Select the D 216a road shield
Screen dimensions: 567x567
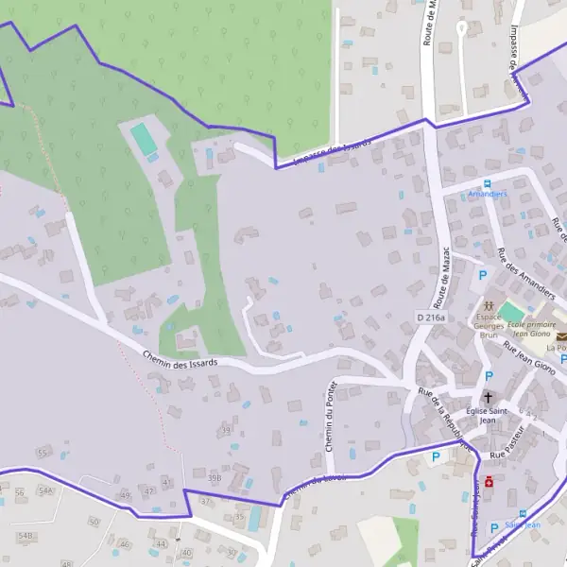click(x=429, y=318)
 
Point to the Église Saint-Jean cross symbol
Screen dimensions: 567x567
click(x=489, y=398)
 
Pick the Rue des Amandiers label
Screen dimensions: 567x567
click(x=525, y=275)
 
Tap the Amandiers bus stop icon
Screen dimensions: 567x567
click(x=488, y=182)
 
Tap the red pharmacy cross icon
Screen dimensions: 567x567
click(x=490, y=481)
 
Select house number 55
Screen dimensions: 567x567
click(x=42, y=454)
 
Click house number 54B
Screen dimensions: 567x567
click(x=25, y=536)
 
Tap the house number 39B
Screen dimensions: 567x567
click(x=215, y=478)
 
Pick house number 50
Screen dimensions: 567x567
click(x=93, y=522)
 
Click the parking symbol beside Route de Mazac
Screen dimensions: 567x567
click(x=483, y=275)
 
